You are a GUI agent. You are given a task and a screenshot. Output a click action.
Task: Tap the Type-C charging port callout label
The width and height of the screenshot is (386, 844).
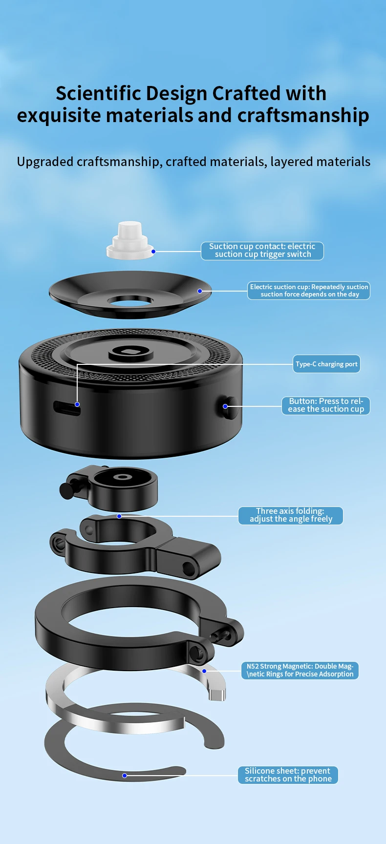click(x=326, y=364)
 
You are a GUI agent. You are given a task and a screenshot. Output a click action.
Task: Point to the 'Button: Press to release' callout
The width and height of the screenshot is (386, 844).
click(x=326, y=405)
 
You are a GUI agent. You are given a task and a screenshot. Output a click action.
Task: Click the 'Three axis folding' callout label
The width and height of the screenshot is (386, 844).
click(x=291, y=515)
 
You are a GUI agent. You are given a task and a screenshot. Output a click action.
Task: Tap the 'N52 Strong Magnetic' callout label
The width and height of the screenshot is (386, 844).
click(x=300, y=670)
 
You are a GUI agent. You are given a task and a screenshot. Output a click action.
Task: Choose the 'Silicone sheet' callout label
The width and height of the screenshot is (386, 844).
click(x=288, y=775)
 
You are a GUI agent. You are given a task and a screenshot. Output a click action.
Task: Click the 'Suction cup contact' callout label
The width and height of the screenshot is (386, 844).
click(x=262, y=251)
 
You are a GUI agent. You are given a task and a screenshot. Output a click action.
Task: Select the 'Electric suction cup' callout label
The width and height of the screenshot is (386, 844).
click(x=309, y=291)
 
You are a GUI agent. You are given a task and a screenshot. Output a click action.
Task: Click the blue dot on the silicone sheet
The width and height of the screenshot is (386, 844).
click(x=125, y=776)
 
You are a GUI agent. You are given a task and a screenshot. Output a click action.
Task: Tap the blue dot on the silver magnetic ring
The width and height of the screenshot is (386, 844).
click(x=204, y=671)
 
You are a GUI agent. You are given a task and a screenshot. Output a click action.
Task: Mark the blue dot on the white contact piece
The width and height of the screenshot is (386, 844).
click(x=153, y=252)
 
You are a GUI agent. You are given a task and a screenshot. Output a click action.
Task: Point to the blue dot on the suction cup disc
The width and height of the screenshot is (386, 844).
click(x=200, y=291)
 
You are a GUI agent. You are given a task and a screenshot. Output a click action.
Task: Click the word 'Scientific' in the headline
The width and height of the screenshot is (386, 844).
click(x=99, y=93)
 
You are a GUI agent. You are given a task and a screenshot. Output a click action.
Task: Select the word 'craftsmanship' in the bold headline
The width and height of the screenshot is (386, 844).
click(x=303, y=116)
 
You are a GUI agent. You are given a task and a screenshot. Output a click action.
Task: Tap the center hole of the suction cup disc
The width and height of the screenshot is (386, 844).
click(x=130, y=300)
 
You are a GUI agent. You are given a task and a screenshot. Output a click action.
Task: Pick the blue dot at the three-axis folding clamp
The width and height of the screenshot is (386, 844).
click(x=119, y=516)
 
